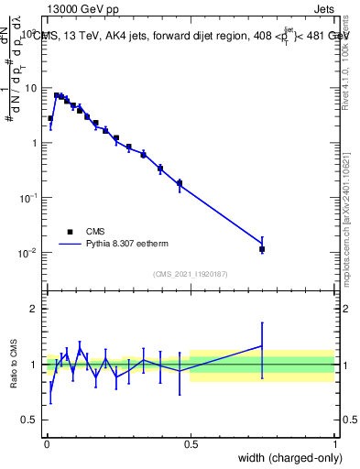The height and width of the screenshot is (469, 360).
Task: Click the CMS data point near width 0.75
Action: tap(262, 248)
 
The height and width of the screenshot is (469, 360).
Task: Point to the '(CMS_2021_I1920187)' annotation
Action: tap(190, 274)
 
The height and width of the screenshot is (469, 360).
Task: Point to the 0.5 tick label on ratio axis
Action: tap(29, 420)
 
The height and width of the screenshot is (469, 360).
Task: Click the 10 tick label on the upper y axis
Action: tap(32, 88)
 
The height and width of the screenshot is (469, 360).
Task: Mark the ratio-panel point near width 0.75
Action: tap(262, 346)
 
